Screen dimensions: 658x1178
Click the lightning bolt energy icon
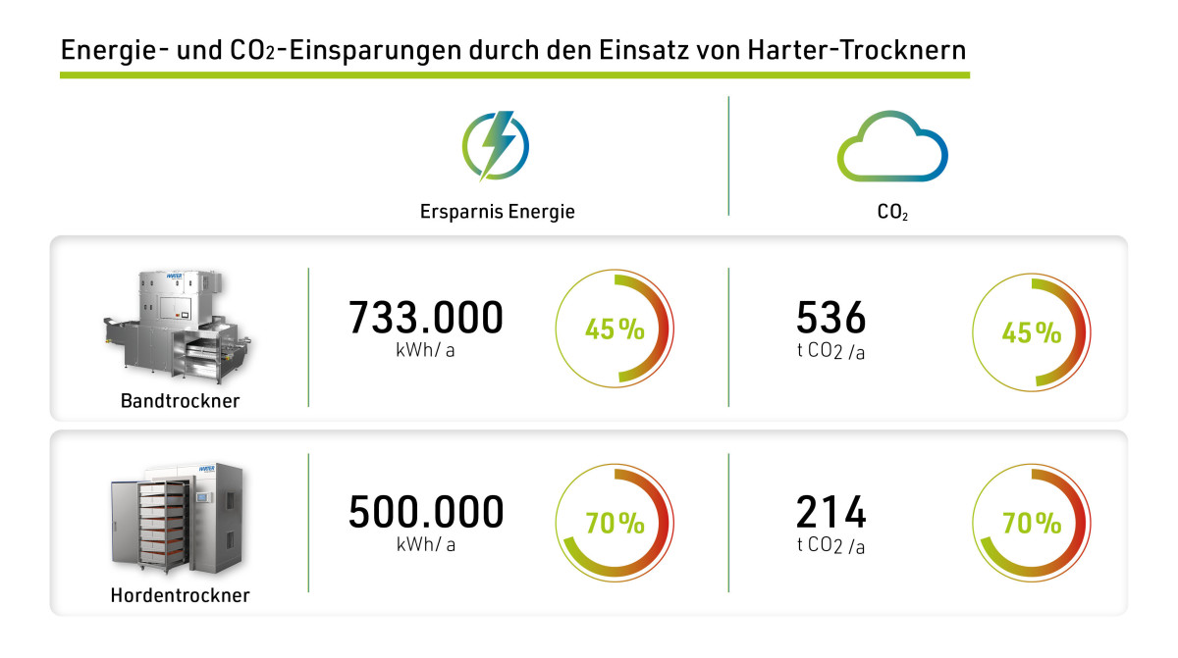point(496,146)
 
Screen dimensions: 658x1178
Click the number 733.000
point(426,318)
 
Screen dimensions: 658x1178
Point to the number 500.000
point(426,512)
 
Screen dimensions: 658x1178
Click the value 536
point(830,318)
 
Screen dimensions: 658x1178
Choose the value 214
point(830,512)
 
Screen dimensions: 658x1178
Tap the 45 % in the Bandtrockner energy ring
point(615,330)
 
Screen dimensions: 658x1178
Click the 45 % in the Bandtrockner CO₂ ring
point(1031,332)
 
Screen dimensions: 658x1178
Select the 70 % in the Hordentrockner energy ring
point(615,524)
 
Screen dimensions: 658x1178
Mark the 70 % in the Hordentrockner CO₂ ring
point(1031,524)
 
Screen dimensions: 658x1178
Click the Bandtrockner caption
point(180,400)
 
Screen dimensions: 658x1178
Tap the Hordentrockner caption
point(180,594)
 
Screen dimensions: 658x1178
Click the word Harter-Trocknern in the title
point(862,49)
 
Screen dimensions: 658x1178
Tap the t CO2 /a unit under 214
point(830,545)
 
